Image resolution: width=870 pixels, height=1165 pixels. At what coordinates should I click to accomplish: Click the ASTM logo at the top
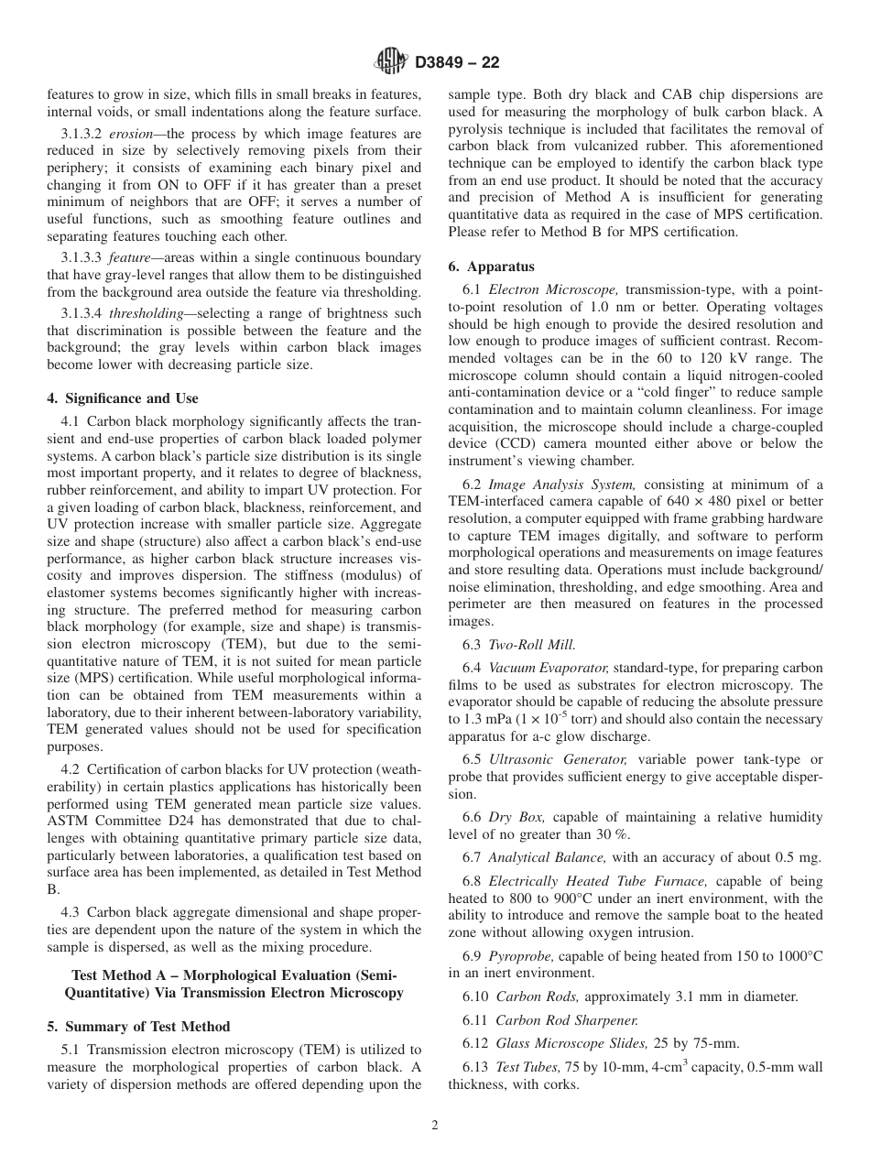(x=391, y=62)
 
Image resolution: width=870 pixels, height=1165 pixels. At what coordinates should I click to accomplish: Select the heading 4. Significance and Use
(x=122, y=398)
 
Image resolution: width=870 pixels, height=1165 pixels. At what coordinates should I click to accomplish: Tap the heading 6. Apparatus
(x=491, y=267)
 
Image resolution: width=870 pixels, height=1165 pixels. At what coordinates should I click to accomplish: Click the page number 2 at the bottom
(x=435, y=1126)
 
